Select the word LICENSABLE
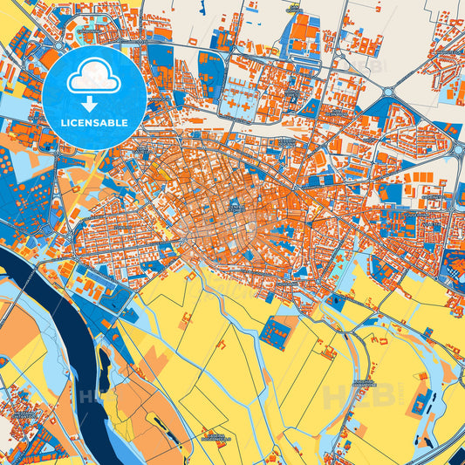tap(93, 124)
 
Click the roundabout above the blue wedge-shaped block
tap(388, 91)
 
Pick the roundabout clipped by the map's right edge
tap(459, 149)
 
